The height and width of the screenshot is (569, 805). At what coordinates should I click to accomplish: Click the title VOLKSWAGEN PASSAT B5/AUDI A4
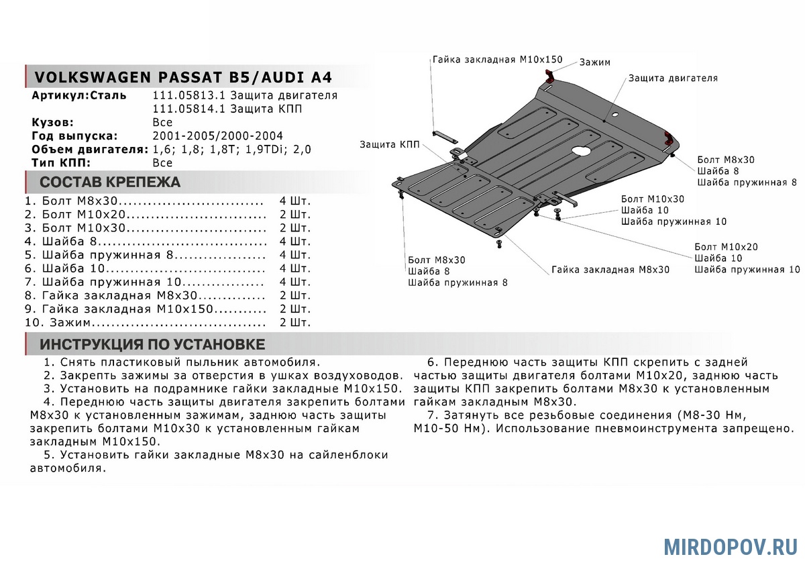tap(182, 76)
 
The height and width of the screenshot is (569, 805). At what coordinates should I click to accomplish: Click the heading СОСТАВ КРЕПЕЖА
tap(110, 182)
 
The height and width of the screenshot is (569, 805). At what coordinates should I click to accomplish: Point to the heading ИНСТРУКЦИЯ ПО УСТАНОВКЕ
tap(152, 345)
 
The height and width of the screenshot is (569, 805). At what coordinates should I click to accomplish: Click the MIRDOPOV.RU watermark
tap(731, 546)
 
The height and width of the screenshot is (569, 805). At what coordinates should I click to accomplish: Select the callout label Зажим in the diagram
tap(594, 62)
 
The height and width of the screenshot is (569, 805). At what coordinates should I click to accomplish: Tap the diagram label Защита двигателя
tap(673, 79)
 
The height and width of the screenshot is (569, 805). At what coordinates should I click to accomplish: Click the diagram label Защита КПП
tap(390, 144)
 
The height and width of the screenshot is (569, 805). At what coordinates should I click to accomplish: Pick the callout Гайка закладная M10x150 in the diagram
tap(497, 59)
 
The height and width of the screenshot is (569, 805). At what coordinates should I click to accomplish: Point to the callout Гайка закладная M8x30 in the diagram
tap(610, 270)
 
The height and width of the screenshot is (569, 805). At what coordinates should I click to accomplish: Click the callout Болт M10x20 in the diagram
tap(727, 247)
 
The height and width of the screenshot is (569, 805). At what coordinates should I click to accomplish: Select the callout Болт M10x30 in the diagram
tap(653, 199)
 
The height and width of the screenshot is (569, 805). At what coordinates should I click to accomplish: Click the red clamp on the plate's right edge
tap(669, 139)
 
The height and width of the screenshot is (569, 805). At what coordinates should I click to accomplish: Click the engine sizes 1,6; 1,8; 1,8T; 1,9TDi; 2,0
tap(232, 149)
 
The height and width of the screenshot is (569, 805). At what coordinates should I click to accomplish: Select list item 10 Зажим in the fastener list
tap(145, 323)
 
